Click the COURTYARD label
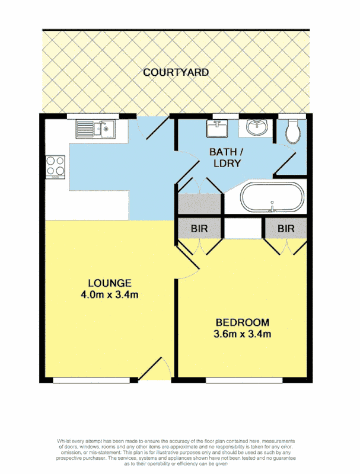coord(176,72)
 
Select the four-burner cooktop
coord(56,166)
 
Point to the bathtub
coord(272,197)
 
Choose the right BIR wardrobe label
coord(286,228)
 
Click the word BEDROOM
coord(242,323)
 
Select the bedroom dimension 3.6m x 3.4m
coord(242,335)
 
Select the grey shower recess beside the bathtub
coord(199,204)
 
